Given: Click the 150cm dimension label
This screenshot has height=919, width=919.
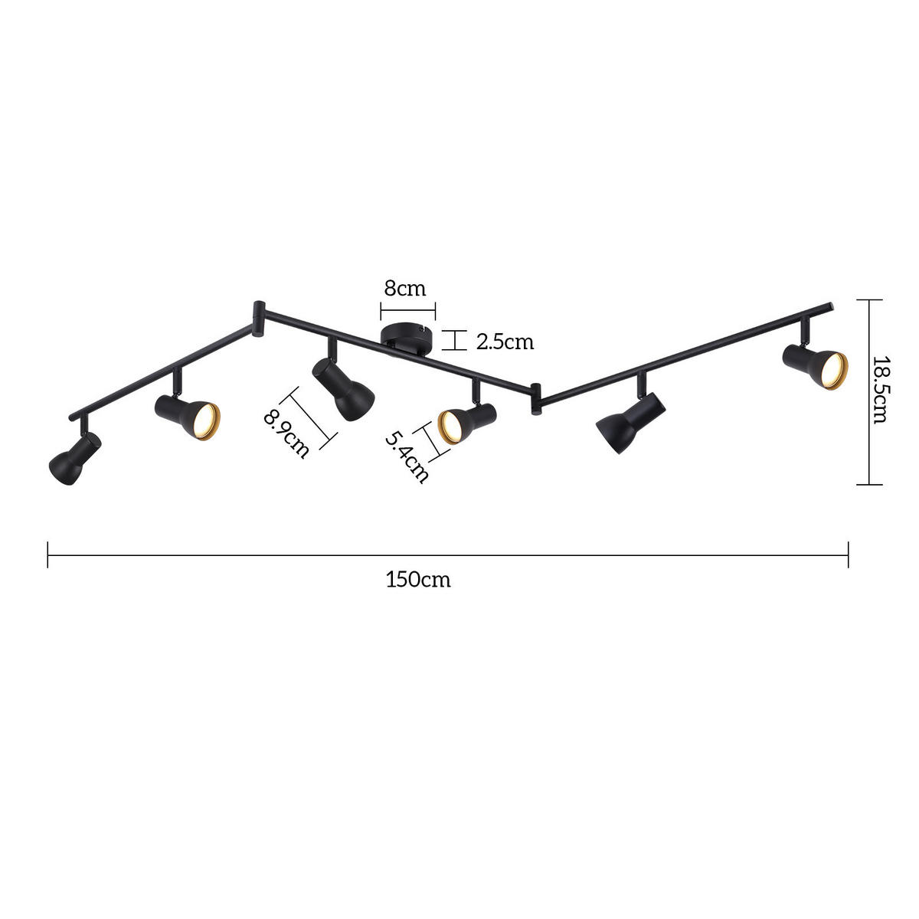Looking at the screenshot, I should point(418,580).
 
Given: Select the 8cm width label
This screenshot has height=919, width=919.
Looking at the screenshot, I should point(404,289).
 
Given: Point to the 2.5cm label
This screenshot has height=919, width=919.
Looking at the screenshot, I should point(505,342).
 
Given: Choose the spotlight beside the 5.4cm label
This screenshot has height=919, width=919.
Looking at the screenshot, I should point(464,423).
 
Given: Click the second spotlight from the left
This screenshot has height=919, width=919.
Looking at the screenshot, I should point(188,417).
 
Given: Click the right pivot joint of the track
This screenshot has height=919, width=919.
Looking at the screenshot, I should point(536,398).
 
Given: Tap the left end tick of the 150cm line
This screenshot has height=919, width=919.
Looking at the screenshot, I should point(48,554).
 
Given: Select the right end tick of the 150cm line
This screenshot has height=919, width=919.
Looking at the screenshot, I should point(848,554).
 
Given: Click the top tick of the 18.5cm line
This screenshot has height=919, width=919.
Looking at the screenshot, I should point(868,299).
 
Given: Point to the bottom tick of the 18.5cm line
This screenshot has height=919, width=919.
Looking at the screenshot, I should point(868,484).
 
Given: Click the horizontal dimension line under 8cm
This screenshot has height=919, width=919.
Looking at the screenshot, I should point(407,311).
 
